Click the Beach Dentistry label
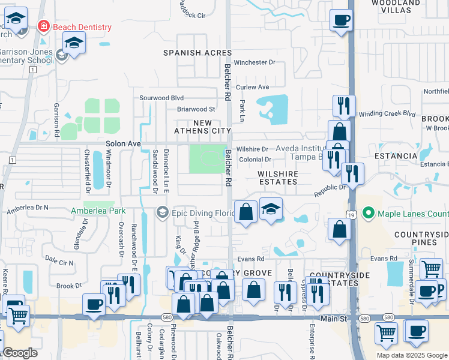coord(82,27)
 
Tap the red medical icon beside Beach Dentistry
coord(43,26)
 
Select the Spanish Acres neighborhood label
coord(197,53)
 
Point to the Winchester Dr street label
coord(255,62)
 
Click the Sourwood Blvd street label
coord(161,97)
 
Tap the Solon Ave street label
coord(123,144)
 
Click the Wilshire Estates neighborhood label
coord(278,173)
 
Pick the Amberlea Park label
coord(98,211)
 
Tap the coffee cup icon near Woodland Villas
coord(341,20)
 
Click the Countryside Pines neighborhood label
coord(421,238)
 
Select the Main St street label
coord(334,319)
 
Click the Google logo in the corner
coord(20,353)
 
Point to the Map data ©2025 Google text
coord(411,355)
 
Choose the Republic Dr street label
coord(331,190)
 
